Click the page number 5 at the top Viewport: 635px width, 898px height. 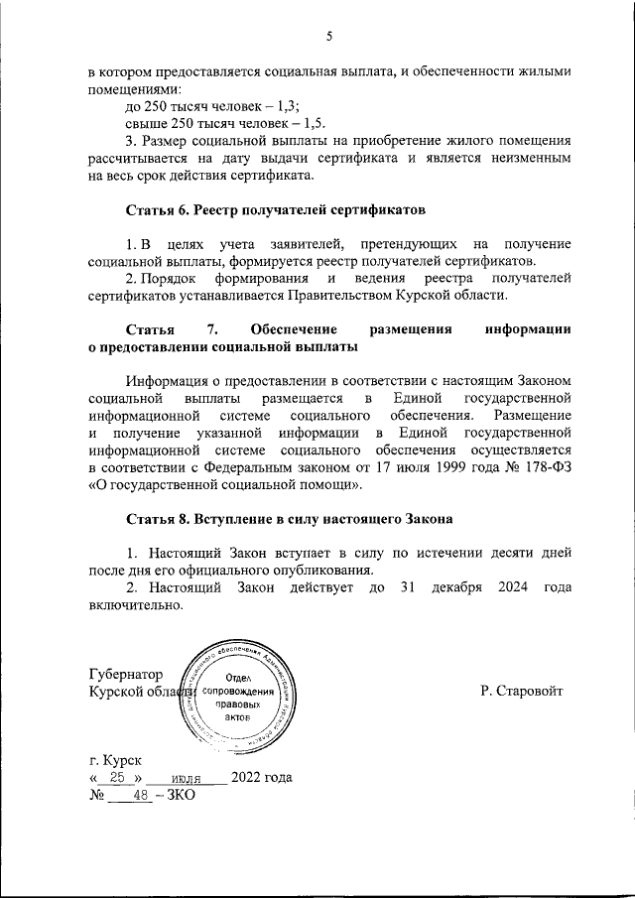click(x=328, y=37)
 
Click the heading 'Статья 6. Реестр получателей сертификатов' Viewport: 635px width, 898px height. click(x=276, y=210)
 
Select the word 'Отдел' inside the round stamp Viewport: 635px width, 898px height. click(x=235, y=677)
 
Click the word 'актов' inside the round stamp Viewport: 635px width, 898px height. click(x=235, y=716)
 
